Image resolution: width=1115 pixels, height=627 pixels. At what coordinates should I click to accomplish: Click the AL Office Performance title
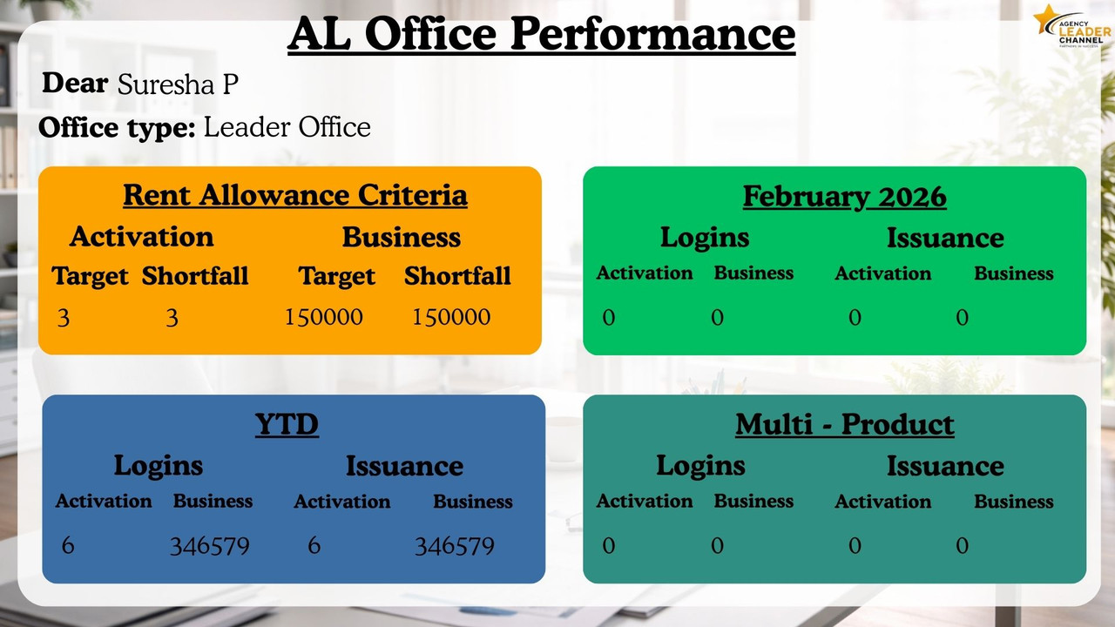point(541,34)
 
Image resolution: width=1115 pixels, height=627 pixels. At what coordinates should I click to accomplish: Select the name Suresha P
point(178,84)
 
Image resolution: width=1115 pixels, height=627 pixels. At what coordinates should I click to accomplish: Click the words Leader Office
point(287,127)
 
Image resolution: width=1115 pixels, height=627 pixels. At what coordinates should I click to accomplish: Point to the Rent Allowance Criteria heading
point(295,195)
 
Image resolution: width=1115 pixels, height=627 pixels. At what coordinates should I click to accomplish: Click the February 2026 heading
point(845,197)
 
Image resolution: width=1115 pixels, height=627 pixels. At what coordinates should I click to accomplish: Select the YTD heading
point(287,424)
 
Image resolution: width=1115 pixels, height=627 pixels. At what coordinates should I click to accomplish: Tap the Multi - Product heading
point(845,424)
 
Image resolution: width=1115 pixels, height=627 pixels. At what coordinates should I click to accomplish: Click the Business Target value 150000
point(323,317)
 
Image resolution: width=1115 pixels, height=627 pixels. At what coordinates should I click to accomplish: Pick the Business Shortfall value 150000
point(451,317)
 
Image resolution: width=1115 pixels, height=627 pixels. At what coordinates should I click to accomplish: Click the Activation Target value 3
point(64,318)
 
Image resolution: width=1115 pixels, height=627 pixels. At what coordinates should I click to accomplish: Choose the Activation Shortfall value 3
point(172,318)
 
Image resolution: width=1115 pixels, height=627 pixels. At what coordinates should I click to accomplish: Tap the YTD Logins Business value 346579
point(210,546)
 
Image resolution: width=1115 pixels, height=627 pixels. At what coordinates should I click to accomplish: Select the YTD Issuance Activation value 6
point(314,545)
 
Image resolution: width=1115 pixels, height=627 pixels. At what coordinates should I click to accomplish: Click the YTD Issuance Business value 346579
point(455,546)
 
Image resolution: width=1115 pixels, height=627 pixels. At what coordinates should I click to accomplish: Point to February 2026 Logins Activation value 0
point(609,318)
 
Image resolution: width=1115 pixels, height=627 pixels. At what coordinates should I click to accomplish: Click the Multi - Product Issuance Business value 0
point(963,545)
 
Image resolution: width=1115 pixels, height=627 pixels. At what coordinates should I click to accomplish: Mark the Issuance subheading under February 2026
point(945,238)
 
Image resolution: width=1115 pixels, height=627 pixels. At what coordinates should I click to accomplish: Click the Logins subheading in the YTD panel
point(159,466)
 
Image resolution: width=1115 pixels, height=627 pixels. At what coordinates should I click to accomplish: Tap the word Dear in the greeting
point(75,83)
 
